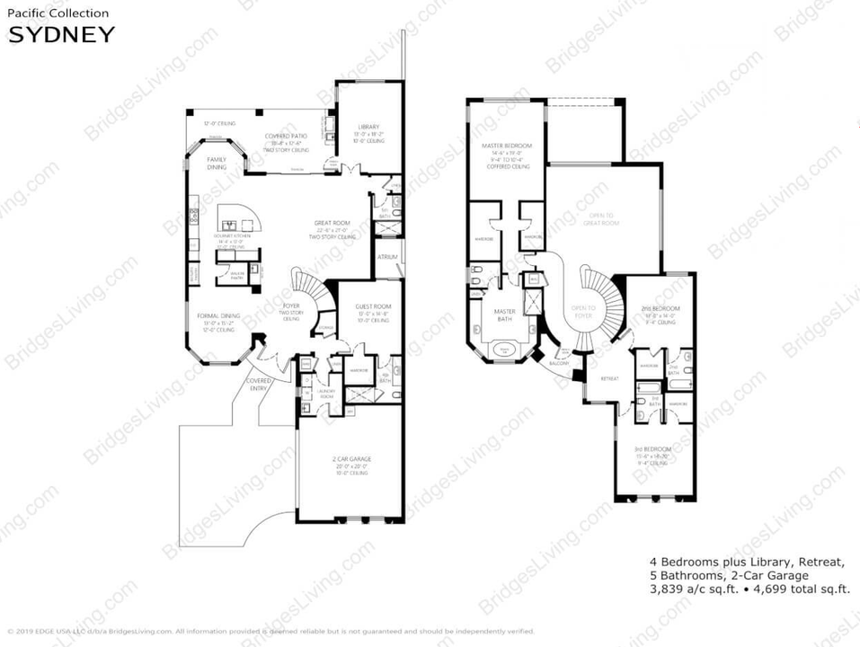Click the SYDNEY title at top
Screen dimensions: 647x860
(x=61, y=35)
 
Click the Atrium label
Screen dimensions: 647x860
(x=388, y=257)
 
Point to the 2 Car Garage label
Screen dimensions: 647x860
(x=351, y=459)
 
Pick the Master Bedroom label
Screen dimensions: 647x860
(x=507, y=146)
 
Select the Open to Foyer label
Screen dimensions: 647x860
(x=584, y=311)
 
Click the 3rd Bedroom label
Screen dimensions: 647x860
(x=652, y=449)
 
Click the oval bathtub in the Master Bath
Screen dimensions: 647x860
(x=504, y=348)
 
